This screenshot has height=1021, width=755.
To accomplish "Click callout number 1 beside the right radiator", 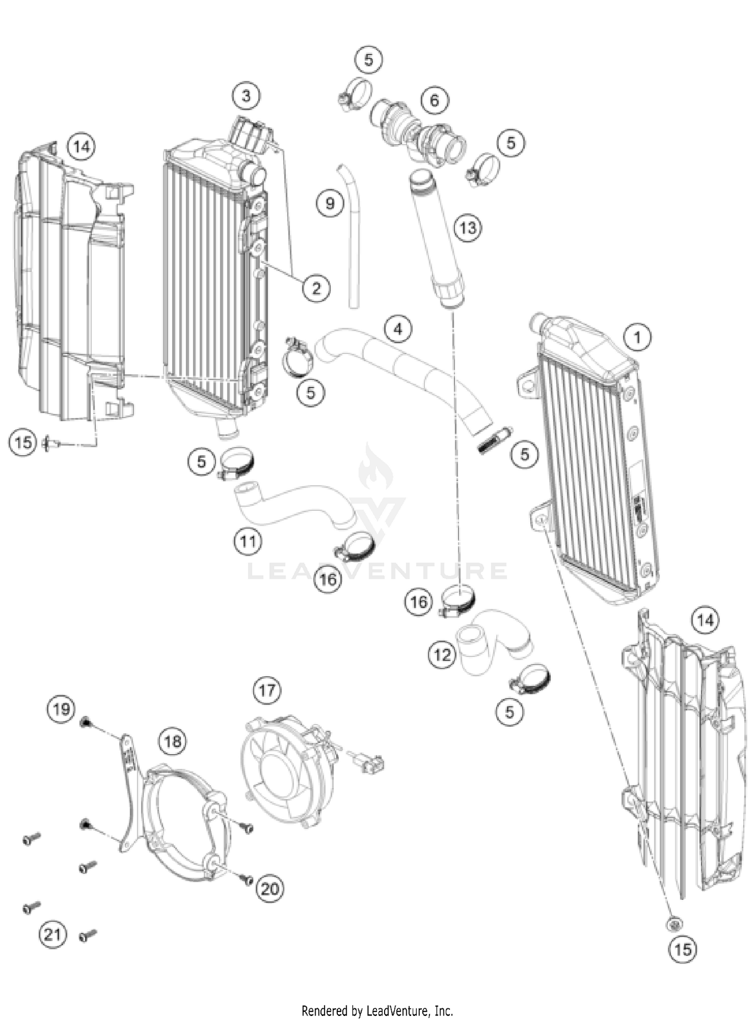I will point(637,337).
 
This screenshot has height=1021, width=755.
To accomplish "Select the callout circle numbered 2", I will point(316,288).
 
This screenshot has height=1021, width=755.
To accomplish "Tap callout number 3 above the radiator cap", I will point(246,95).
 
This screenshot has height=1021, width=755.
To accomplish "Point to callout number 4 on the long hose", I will point(398,329).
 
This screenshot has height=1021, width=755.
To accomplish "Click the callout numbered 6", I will point(434,100).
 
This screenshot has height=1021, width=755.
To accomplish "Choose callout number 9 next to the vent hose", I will point(330,203).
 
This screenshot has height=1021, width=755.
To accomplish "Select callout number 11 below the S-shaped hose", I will point(248,541).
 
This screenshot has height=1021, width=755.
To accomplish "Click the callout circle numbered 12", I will point(442,655).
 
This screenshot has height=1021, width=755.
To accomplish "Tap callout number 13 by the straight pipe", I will point(468,227).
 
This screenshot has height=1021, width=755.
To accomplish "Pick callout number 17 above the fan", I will point(267,689).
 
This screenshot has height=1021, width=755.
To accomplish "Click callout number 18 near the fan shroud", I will point(173,741).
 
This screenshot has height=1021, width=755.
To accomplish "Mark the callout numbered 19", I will point(61,710).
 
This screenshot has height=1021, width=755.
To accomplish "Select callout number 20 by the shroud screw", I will point(270,889).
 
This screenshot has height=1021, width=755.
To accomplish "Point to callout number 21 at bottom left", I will point(53,934).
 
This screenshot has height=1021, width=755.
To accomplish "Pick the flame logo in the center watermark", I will point(375,468).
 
